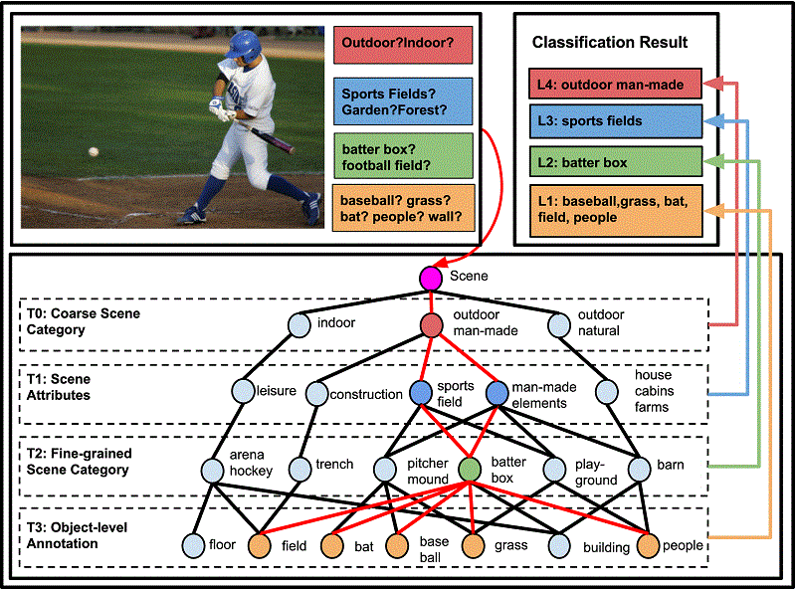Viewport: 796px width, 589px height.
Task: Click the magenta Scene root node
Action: tap(431, 278)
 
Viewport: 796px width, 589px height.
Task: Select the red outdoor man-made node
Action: tap(432, 325)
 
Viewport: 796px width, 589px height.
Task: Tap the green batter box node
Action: tap(470, 470)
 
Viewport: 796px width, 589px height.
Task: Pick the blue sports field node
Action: tap(421, 393)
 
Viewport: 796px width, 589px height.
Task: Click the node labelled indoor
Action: tap(299, 325)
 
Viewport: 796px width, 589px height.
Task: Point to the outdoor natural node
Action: tap(559, 325)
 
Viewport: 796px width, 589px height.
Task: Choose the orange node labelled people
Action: tap(649, 546)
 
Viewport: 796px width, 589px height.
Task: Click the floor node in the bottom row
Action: tap(193, 546)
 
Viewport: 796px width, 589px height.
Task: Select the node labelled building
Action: tap(559, 546)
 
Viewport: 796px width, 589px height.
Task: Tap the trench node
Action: tap(299, 470)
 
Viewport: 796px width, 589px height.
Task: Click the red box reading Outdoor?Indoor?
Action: tap(403, 45)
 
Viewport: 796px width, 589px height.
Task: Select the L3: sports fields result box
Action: tap(616, 121)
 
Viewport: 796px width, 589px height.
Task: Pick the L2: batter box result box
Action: tap(616, 161)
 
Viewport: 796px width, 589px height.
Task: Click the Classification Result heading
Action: tap(610, 42)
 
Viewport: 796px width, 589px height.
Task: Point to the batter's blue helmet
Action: tap(244, 46)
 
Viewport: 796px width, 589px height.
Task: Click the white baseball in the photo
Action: tap(94, 151)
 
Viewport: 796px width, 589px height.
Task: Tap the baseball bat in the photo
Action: tap(266, 136)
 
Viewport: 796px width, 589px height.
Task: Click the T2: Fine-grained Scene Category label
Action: tap(80, 462)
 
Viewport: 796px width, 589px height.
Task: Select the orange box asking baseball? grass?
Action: tap(403, 208)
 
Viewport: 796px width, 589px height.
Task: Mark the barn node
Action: tap(639, 470)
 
